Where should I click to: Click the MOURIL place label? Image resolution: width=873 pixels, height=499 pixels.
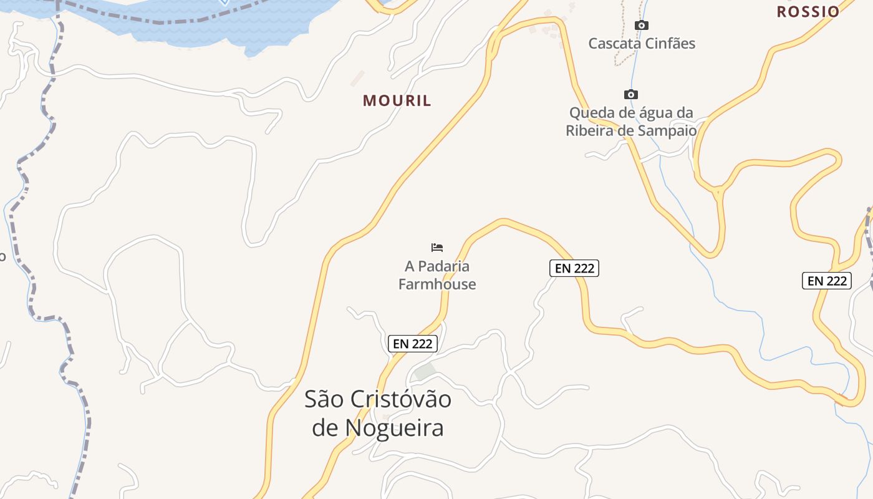point(397,100)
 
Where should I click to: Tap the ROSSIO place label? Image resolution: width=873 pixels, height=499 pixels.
point(808,11)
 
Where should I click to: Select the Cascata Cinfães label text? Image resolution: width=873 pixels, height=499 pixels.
point(642,44)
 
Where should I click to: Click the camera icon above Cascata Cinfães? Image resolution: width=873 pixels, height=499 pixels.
point(641,26)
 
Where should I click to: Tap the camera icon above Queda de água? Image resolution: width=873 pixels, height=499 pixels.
point(631,95)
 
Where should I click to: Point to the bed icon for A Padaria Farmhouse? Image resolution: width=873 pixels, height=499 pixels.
point(437,248)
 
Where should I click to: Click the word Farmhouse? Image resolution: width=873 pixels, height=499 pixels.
point(437,284)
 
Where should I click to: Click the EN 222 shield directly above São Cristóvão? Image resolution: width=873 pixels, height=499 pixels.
point(413,343)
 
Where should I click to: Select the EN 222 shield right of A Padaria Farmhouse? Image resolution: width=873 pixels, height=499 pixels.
point(574,268)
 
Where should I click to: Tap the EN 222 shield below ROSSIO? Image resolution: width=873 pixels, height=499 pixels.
point(827,281)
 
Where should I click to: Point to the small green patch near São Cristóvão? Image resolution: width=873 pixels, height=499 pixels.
point(425,372)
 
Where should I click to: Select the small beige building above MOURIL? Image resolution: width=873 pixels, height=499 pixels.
point(357,78)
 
